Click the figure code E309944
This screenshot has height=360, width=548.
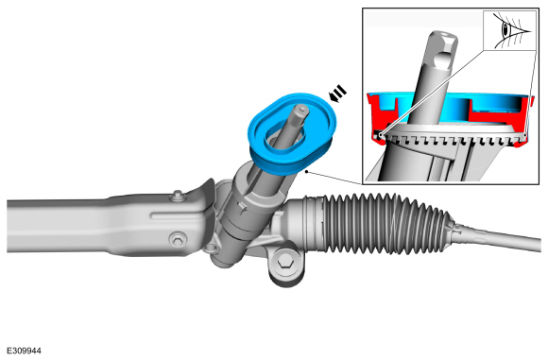coord(24,351)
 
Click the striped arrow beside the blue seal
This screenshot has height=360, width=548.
coord(337,94)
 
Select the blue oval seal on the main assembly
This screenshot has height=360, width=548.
coord(292,133)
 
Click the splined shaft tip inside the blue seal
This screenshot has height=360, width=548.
coord(300,111)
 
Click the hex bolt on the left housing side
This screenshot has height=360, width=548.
coord(178,240)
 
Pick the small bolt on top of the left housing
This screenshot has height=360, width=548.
coord(178,195)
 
